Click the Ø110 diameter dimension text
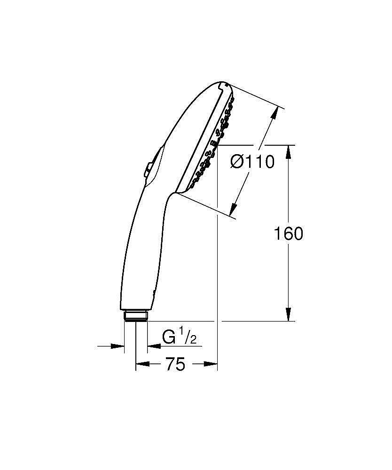(252, 162)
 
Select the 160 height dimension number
(288, 234)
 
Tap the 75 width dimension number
(175, 364)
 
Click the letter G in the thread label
(169, 337)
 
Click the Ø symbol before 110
(238, 162)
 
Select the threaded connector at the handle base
(136, 314)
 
